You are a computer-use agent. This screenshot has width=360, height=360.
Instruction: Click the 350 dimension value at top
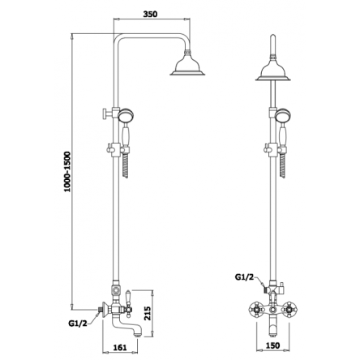[150, 14]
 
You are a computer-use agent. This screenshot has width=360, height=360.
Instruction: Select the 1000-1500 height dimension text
[67, 172]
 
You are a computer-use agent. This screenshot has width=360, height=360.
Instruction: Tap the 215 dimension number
[148, 313]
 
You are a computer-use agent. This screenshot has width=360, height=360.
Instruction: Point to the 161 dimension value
[120, 347]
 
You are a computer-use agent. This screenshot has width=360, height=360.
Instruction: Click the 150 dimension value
[272, 345]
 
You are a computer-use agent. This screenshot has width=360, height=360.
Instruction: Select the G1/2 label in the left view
[78, 323]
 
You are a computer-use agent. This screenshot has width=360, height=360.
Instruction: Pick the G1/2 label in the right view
[245, 277]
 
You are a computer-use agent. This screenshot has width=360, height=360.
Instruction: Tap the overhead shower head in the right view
[273, 68]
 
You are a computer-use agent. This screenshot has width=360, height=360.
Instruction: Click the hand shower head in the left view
[125, 115]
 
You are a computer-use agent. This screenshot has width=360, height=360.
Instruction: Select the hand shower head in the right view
[282, 115]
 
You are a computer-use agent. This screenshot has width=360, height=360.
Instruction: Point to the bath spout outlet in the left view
[138, 334]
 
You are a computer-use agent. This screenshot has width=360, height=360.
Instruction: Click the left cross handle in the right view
[255, 309]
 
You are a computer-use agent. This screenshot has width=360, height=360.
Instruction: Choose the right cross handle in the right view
[290, 309]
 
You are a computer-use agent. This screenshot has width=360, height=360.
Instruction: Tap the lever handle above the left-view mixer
[128, 298]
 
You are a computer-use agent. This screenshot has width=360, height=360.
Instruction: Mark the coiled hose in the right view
[282, 165]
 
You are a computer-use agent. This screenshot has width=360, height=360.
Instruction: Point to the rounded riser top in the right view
[273, 38]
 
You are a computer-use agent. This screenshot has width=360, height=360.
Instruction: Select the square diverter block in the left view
[116, 292]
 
